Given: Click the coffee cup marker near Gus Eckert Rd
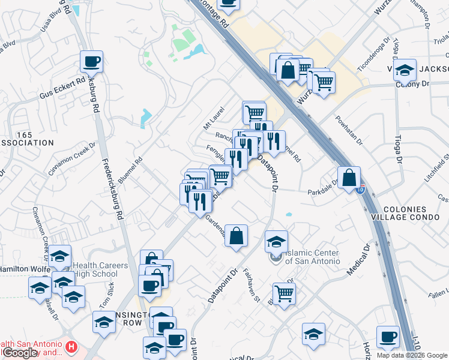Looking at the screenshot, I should [91, 62].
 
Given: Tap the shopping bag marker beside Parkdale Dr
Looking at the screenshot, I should [349, 178].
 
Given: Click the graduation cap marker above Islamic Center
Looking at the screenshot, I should [276, 242].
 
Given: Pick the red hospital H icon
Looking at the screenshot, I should [71, 347].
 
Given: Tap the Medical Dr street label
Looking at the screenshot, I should [359, 260].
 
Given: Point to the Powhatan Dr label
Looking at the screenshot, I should [349, 130].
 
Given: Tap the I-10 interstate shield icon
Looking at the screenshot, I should [360, 190].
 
